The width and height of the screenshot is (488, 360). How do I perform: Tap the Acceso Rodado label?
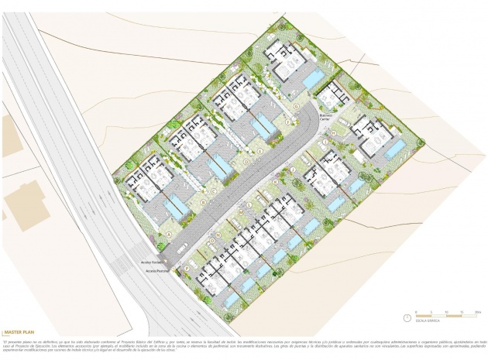pyautogui.click(x=151, y=262)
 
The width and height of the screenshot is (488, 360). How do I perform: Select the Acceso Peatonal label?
pyautogui.click(x=152, y=270)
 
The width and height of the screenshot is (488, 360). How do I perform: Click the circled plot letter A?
pyautogui.click(x=168, y=233)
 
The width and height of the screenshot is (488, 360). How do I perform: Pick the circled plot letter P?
pyautogui.click(x=187, y=266)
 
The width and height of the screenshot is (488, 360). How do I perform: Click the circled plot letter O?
pyautogui.click(x=208, y=245)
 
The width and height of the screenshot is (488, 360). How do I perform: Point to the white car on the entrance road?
pyautogui.click(x=180, y=249)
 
